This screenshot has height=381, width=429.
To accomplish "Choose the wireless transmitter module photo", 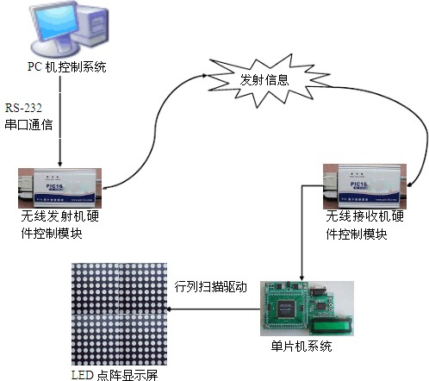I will pyautogui.click(x=64, y=184).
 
